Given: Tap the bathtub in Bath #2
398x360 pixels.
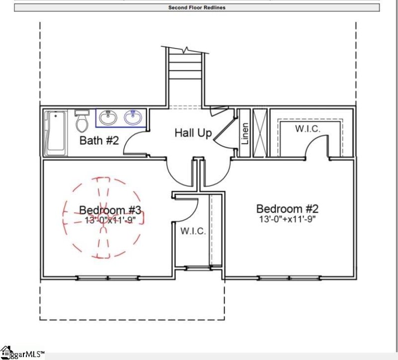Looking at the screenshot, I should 55,133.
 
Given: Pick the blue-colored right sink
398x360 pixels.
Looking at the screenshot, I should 133,118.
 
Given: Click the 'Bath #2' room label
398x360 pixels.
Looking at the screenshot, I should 99,141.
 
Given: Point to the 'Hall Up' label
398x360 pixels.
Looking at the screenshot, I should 193,133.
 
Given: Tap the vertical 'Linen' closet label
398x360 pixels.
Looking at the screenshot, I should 245,133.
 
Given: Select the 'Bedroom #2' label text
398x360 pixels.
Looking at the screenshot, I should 287,208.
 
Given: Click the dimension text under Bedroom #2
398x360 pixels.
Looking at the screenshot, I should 288,219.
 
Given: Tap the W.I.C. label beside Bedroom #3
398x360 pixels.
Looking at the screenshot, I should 193,231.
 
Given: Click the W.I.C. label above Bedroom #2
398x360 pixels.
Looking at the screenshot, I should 307,128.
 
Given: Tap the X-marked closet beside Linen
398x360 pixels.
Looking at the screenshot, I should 259,132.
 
